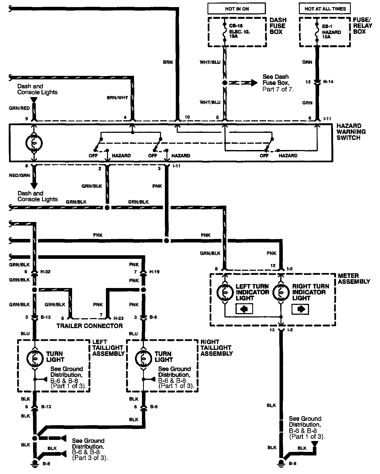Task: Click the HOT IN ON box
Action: (237, 9)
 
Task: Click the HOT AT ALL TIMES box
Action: (325, 9)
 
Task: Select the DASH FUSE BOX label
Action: (278, 26)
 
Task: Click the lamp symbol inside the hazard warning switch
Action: (34, 143)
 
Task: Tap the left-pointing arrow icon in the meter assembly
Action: (244, 309)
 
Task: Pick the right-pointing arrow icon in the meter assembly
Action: (300, 309)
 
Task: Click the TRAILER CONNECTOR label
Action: (90, 326)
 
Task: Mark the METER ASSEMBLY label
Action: (354, 278)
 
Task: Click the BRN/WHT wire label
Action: (117, 98)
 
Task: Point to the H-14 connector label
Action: (328, 82)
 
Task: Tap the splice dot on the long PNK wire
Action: (166, 241)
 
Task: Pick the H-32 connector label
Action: (46, 272)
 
